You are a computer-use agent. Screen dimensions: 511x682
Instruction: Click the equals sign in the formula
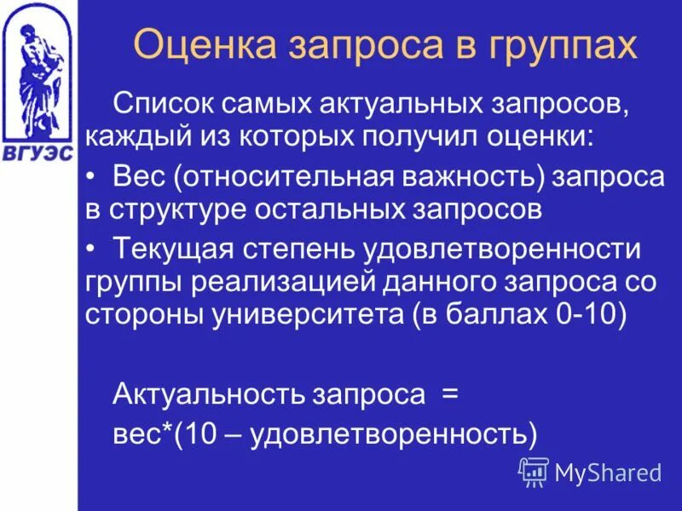pos(449,394)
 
